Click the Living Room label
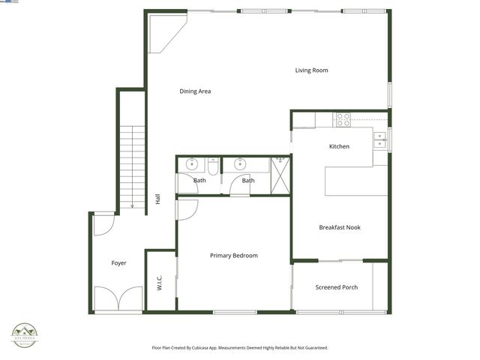click(311, 70)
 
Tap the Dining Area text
click(195, 91)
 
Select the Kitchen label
click(339, 146)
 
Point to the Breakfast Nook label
click(340, 227)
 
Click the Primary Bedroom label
click(233, 256)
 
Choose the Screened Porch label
click(336, 287)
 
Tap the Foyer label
click(118, 263)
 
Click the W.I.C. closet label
click(160, 283)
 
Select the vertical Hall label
click(157, 199)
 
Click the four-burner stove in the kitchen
click(342, 117)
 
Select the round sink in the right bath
click(241, 164)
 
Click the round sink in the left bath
click(191, 164)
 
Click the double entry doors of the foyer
click(118, 298)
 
